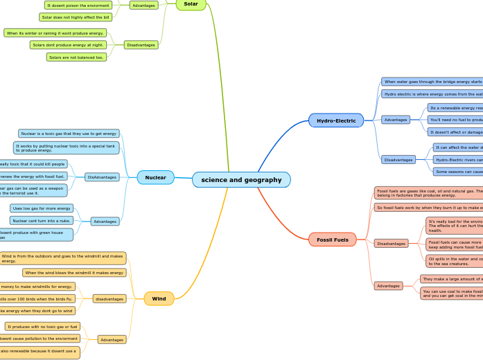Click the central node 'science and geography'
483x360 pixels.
click(241, 180)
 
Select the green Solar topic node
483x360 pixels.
click(191, 4)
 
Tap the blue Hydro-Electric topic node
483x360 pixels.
click(336, 120)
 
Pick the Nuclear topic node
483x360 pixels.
click(155, 177)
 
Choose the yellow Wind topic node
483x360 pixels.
click(159, 298)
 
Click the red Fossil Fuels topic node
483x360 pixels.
click(333, 240)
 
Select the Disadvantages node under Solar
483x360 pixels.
click(141, 45)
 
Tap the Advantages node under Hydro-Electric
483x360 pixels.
click(396, 120)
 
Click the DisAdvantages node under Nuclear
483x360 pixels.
click(102, 177)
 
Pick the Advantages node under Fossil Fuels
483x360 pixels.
click(388, 285)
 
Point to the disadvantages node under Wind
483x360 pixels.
click(109, 299)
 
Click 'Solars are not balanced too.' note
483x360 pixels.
click(76, 57)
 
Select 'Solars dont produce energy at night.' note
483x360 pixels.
click(67, 45)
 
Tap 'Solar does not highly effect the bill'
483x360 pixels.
click(75, 17)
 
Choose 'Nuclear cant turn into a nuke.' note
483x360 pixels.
click(42, 220)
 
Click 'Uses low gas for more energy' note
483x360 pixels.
click(42, 208)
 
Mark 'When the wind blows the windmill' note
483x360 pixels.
click(74, 273)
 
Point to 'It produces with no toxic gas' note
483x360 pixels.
click(42, 327)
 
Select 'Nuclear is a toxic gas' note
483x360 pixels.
click(69, 134)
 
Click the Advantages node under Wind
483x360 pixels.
click(111, 340)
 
